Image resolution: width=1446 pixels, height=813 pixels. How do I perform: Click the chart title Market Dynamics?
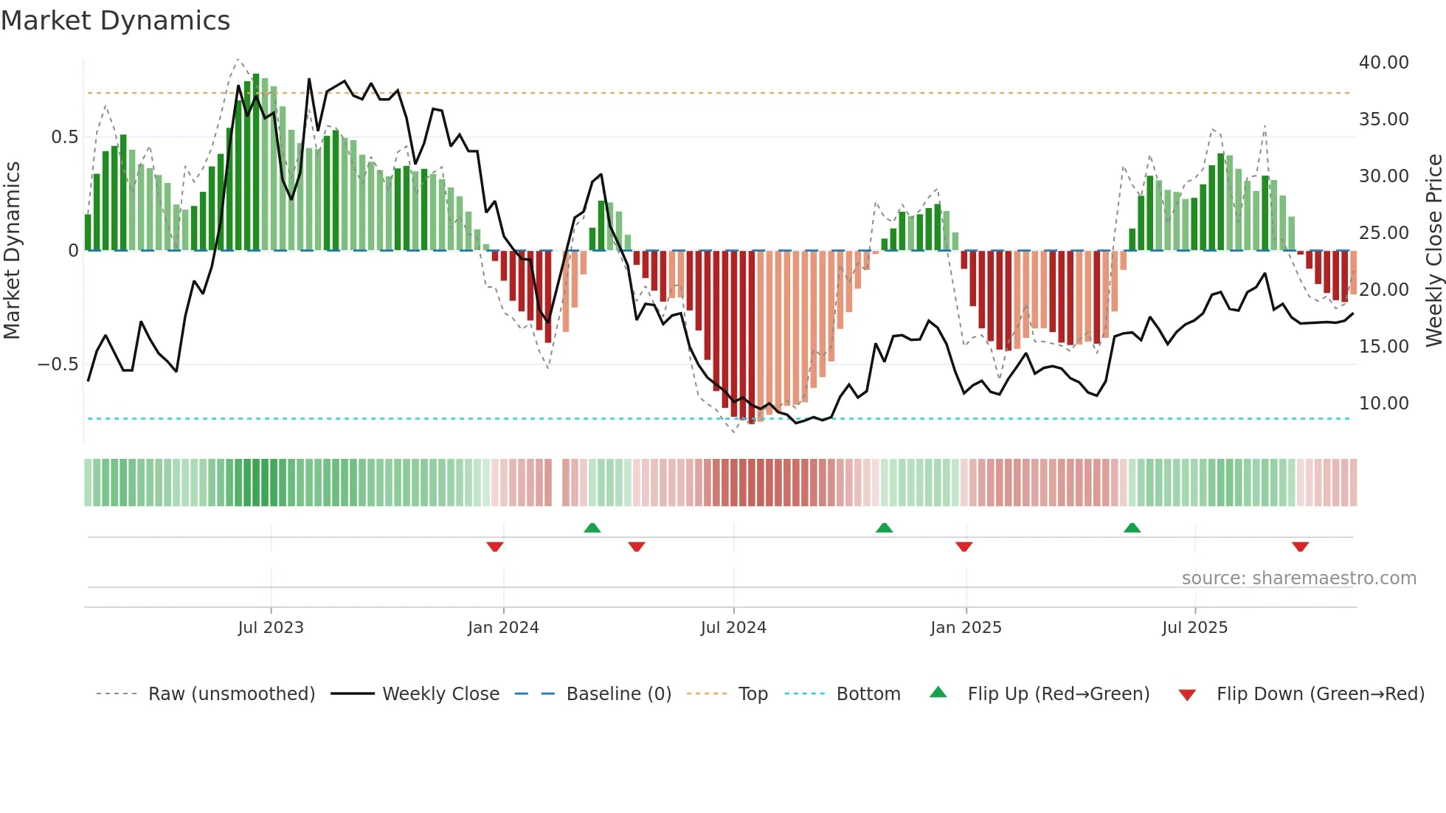click(115, 21)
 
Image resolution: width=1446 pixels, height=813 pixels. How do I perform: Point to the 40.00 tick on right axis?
click(1383, 63)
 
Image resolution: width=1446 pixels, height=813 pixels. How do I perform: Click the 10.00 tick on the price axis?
click(1383, 404)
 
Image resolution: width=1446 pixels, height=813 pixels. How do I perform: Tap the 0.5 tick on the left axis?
click(64, 137)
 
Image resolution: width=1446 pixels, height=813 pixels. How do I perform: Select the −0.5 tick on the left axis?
click(58, 364)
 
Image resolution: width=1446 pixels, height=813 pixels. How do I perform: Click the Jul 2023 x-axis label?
click(271, 628)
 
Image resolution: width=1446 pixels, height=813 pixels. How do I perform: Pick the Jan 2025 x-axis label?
click(966, 628)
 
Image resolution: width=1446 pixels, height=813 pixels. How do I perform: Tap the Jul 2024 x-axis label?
click(733, 628)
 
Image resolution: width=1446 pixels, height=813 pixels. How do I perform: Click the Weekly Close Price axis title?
click(1433, 251)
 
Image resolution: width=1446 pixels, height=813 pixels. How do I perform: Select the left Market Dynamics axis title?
click(12, 251)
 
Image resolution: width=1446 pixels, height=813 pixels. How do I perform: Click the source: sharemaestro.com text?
click(1298, 578)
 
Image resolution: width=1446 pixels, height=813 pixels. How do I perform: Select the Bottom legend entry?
click(868, 694)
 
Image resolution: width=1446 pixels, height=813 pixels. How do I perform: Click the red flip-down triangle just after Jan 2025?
click(964, 547)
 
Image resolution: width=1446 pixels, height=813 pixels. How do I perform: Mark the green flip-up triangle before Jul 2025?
click(1132, 527)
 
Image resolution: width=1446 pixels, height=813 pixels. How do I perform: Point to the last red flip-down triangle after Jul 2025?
click(1300, 547)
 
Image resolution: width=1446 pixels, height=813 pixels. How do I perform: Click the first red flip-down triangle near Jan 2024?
click(495, 547)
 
